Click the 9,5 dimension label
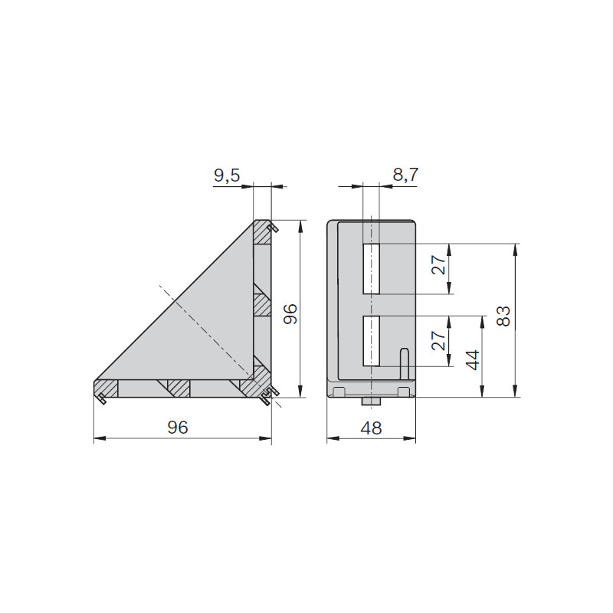[x=227, y=176]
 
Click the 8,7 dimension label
[x=406, y=175]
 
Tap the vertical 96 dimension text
[x=290, y=314]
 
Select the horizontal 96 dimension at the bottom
[x=178, y=428]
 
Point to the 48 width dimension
[x=371, y=428]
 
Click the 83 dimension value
[x=503, y=316]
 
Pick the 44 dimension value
[x=473, y=360]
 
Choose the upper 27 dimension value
[x=438, y=264]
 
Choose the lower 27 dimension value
[x=438, y=340]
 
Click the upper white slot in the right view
[x=371, y=269]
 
